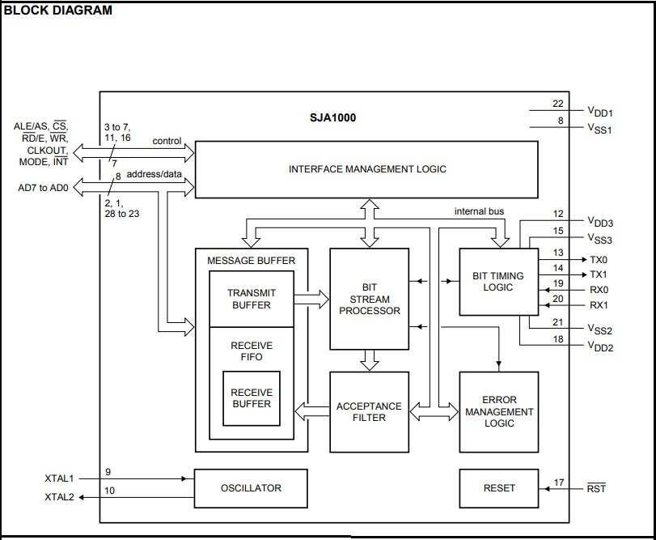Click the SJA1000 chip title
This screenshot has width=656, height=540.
pos(332,117)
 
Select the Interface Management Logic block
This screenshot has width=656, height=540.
pos(366,169)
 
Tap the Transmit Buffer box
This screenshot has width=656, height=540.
pos(252,299)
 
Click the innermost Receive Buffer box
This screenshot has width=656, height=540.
pos(252,398)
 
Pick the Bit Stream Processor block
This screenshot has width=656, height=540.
pos(370,299)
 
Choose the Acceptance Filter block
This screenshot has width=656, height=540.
pos(370,412)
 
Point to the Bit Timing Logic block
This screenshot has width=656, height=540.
pos(499,282)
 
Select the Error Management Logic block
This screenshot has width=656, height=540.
pos(499,412)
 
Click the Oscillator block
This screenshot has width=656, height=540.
pos(251,488)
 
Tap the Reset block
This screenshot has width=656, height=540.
pos(499,488)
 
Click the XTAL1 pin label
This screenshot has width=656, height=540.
pos(59,478)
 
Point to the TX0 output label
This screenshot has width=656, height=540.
pos(599,260)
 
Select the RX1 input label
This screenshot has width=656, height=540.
pos(599,305)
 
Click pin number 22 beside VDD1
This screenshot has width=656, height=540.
pos(558,104)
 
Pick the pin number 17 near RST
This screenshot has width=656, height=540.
pos(559,483)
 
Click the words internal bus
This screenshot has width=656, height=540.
pos(479,211)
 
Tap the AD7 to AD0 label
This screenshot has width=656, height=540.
pos(43,188)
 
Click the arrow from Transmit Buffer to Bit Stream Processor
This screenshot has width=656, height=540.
pos(311,300)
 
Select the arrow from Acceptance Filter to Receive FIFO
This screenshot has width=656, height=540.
pos(312,411)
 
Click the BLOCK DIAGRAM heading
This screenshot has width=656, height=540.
pos(57,10)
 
